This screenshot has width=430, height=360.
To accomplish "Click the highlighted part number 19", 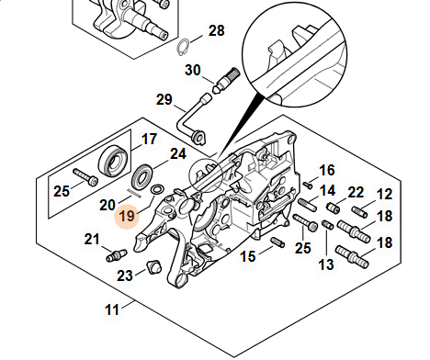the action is click(127, 217).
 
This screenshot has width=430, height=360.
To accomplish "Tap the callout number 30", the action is click(193, 70).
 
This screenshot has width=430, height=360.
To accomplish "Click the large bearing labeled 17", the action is click(112, 161).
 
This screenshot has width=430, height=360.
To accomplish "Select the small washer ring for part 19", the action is click(157, 189).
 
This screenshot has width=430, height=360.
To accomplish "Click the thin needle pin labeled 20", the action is click(133, 193).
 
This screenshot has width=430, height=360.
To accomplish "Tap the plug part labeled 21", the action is click(116, 255).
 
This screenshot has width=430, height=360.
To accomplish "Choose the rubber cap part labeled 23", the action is click(153, 266).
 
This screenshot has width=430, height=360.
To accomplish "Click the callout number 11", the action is click(112, 309).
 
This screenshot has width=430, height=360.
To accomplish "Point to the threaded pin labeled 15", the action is click(277, 242).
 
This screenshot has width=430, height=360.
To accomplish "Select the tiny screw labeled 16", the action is click(308, 185).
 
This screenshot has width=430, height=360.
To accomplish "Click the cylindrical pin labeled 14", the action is click(307, 205).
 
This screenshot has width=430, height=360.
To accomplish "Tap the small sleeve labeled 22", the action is click(333, 208).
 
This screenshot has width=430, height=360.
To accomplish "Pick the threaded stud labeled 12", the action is click(359, 212).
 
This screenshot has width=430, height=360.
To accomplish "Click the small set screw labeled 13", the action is click(328, 224).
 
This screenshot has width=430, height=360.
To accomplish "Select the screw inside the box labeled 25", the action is click(85, 177).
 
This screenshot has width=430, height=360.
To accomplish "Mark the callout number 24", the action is click(178, 154).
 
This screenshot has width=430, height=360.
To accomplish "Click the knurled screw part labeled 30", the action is click(226, 81).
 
